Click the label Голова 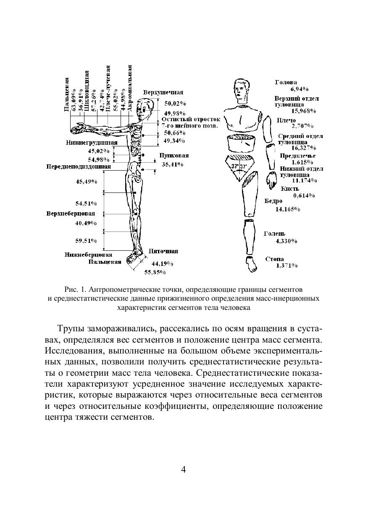tap(286, 83)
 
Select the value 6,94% tap(300, 89)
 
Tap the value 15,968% tap(304, 111)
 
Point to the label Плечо tap(286, 120)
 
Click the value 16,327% tap(304, 148)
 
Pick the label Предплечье tap(298, 156)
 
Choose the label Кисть tap(290, 189)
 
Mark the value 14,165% tap(288, 209)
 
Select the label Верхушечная tap(163, 92)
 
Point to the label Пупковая tap(174, 156)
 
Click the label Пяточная tap(163, 251)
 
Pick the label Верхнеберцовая tap(71, 213)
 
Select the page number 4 tap(184, 469)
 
